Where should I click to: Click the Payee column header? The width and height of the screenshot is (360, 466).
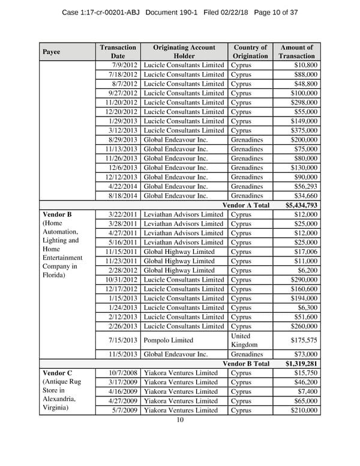52,52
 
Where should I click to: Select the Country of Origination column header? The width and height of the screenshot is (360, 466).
250,52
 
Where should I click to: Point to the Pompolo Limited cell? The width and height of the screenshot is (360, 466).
167,340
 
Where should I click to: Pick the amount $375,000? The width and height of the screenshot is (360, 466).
302,130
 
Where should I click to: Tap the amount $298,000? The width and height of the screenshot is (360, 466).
302,103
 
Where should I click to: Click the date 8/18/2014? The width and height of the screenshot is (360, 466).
123,196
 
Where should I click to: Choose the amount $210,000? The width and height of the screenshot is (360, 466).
302,411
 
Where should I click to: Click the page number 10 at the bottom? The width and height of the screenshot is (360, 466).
180,420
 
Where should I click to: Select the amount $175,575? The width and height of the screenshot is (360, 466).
302,340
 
